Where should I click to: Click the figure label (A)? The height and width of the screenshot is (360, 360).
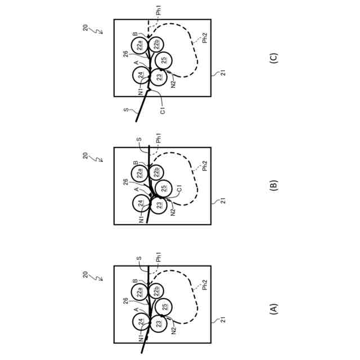[274, 309]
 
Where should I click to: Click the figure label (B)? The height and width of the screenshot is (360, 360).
[274, 186]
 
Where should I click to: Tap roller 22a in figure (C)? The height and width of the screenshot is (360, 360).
[141, 44]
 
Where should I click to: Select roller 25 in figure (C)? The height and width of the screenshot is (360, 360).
[163, 60]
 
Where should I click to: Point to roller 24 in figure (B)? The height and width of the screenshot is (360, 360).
[141, 203]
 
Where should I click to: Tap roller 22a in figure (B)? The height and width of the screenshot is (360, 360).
[141, 172]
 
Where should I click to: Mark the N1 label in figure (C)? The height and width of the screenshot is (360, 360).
[141, 92]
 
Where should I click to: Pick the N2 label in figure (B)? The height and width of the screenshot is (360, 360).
[173, 211]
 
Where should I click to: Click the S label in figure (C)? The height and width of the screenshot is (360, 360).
[125, 111]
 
